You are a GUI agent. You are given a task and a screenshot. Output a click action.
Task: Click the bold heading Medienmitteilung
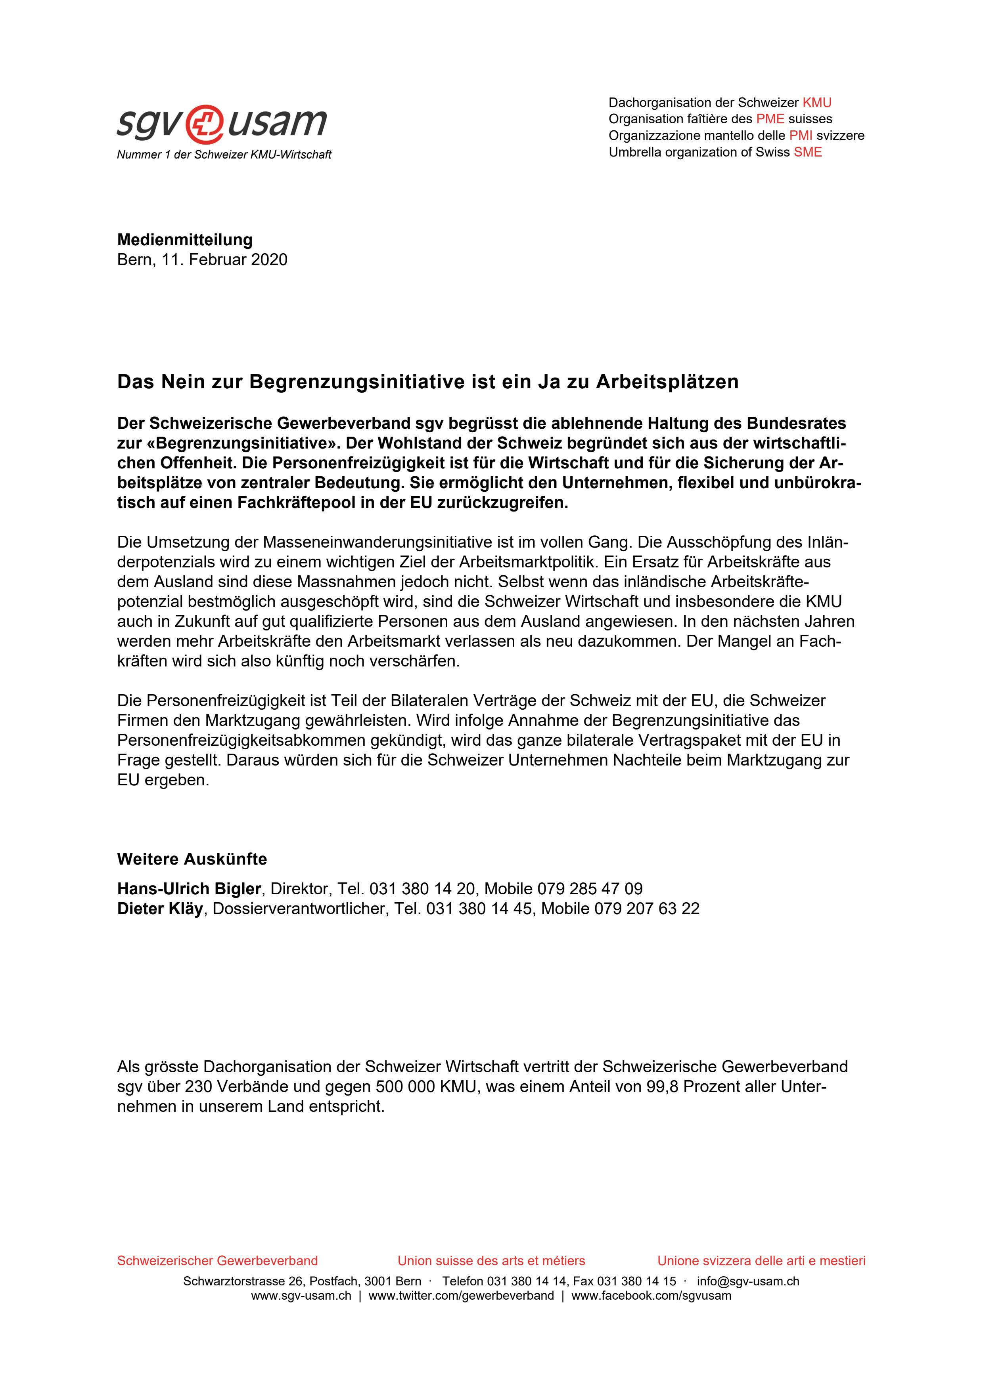[185, 240]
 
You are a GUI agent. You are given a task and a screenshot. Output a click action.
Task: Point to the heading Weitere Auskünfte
[192, 859]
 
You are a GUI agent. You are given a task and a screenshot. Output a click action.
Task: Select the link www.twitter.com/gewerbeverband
[460, 1296]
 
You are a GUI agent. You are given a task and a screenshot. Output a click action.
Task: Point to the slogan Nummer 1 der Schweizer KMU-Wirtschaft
[224, 155]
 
